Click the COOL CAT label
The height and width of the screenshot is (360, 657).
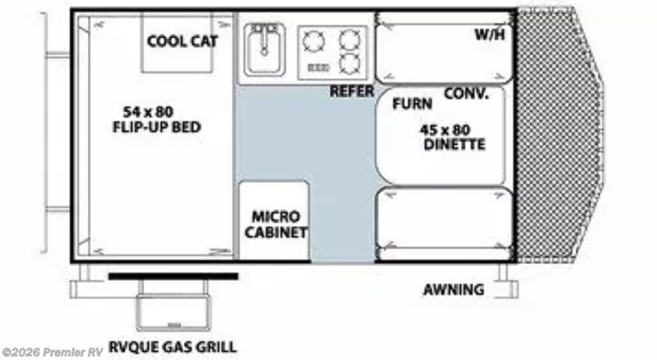coord(182,41)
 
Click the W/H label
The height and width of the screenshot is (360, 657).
coord(489,35)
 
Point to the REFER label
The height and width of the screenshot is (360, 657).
coord(351,92)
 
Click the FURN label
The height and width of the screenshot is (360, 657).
coord(412,104)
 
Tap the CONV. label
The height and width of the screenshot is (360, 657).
coord(466,94)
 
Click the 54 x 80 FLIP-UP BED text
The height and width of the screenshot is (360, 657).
coord(157,119)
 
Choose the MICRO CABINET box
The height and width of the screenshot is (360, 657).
coord(273,222)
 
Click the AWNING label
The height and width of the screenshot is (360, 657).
coord(454,290)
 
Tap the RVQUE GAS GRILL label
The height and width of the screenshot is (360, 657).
coord(172,347)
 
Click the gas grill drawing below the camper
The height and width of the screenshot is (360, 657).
coord(173,312)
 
